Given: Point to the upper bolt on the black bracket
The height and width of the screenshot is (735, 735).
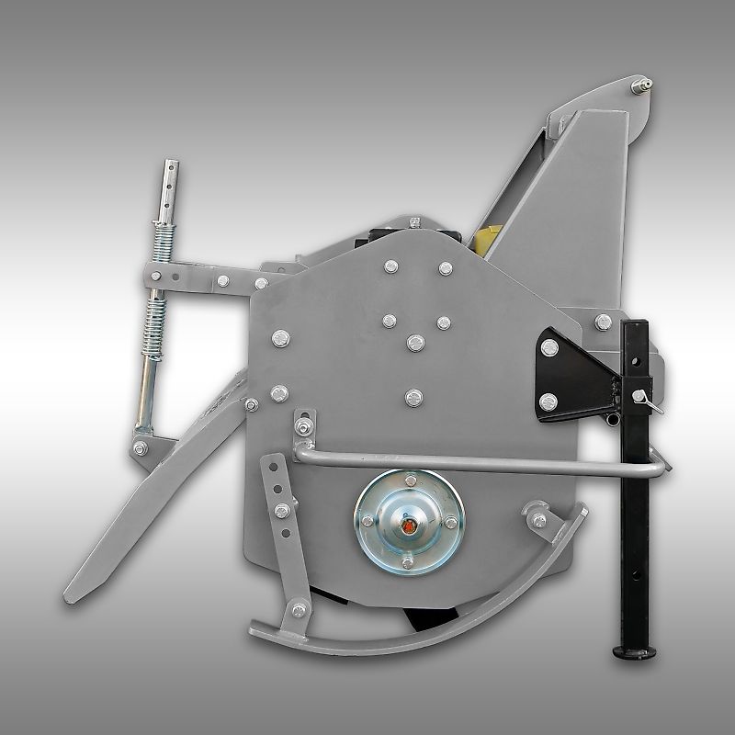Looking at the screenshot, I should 549,346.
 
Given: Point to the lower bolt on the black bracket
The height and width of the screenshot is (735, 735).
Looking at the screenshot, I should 548,401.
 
